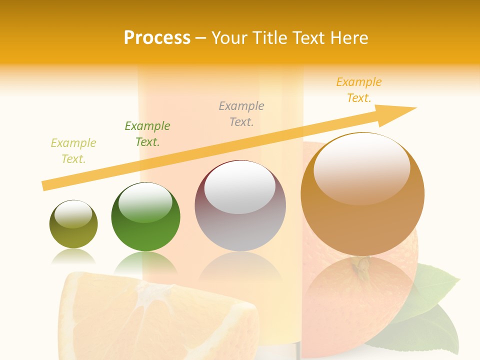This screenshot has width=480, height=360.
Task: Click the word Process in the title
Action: (157, 38)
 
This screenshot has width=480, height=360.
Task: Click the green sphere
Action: (145, 217)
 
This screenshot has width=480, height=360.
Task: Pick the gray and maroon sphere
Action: (240, 206)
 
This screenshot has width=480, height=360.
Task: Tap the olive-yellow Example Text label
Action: (73, 151)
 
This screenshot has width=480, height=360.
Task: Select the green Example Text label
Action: (147, 134)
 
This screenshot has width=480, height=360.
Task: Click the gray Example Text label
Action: (241, 114)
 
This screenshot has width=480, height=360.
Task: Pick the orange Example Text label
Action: (359, 90)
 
